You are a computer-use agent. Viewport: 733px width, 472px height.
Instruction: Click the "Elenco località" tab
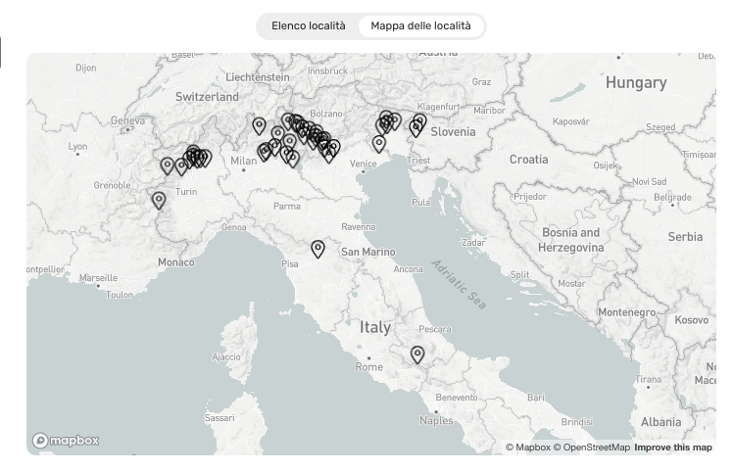tap(309, 26)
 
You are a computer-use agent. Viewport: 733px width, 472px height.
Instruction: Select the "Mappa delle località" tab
tap(420, 26)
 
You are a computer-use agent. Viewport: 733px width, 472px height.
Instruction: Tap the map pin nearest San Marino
tap(318, 249)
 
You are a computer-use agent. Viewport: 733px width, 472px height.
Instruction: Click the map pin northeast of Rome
tap(417, 354)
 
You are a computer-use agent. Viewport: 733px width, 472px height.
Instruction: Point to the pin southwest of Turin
tap(159, 200)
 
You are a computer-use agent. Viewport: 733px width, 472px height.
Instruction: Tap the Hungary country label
tap(635, 83)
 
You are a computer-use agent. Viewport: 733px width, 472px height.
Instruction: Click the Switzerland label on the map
tap(207, 97)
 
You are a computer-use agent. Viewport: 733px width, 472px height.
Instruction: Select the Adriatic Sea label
tap(459, 284)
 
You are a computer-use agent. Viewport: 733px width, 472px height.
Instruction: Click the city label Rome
tap(369, 367)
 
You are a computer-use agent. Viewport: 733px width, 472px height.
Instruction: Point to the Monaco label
tap(175, 262)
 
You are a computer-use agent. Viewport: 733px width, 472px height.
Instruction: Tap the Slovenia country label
tap(453, 132)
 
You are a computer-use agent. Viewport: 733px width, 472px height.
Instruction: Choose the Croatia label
tap(528, 159)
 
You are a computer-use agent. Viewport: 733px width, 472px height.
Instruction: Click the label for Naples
tap(436, 421)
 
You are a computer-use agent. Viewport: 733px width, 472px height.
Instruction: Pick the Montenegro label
tap(625, 311)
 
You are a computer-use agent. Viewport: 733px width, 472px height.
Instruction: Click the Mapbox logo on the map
tap(66, 441)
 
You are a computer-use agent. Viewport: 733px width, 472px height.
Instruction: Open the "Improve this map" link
tap(673, 448)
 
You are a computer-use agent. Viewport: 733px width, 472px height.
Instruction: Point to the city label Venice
tap(364, 165)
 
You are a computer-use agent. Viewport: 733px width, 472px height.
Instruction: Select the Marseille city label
tap(98, 278)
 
